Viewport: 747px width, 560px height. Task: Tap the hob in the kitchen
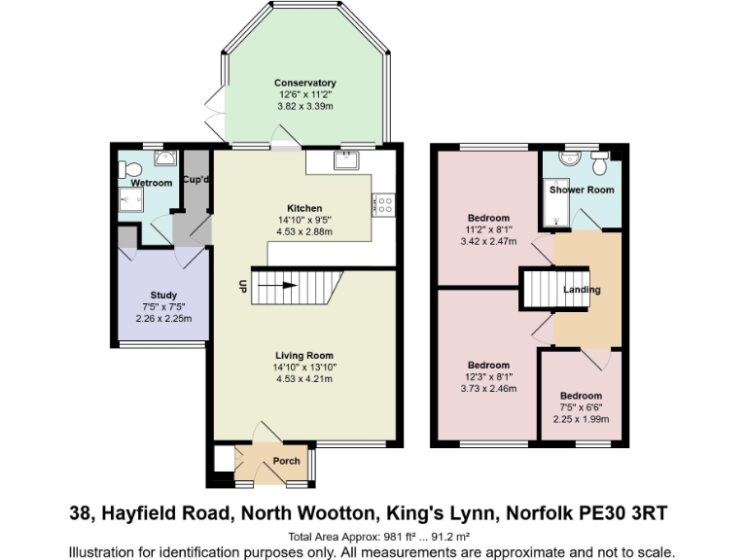[x=383, y=205]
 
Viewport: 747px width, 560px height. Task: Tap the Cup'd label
[x=195, y=181]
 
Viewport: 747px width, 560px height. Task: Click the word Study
[x=162, y=295]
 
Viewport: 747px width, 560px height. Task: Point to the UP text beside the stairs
[x=240, y=286]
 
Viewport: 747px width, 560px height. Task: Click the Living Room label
[x=303, y=356]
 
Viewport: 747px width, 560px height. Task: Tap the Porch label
[x=286, y=461]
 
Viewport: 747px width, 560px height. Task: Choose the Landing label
[x=582, y=290]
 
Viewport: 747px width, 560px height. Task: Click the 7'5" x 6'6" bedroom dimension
[x=581, y=408]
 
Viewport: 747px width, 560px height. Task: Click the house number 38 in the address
[x=83, y=511]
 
